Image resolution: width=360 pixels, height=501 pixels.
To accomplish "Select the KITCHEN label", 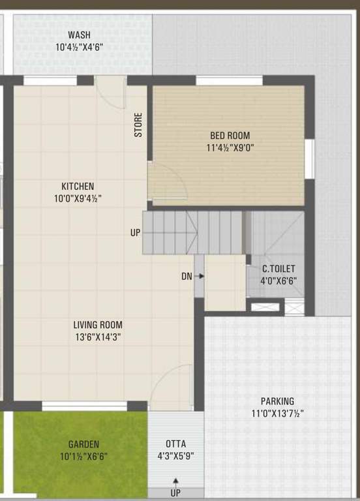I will (78, 186).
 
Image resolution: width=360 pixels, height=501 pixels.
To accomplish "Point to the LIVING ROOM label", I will (98, 325).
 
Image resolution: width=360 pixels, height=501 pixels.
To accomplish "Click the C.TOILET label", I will (278, 269).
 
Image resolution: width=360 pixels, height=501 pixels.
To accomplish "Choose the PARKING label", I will (277, 401).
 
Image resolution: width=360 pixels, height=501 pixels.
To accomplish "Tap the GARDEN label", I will (84, 444).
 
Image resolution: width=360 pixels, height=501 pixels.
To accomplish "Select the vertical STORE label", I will (138, 125).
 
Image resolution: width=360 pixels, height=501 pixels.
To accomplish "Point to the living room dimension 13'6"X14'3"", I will (98, 337).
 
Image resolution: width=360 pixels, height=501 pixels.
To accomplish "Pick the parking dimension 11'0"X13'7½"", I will (278, 413).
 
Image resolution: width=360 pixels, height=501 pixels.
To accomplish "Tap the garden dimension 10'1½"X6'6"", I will (84, 456).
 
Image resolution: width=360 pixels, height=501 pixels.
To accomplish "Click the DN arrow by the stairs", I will (200, 276).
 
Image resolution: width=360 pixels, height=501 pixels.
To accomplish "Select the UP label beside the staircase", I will (135, 232).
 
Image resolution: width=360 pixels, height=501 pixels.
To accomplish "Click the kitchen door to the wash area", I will (112, 91).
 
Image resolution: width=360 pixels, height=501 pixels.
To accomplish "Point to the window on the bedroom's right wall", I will (310, 159).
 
